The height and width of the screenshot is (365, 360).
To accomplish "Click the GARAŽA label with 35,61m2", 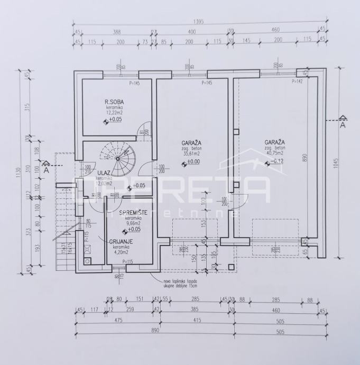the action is pos(192,143).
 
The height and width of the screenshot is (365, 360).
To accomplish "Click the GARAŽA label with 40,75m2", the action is pos(274,143).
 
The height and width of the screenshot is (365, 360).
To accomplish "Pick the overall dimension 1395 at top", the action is pos(200,23).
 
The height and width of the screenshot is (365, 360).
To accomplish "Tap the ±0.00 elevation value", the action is pos(193,161).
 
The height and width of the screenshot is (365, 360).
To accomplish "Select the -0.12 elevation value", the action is pos(278,161).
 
